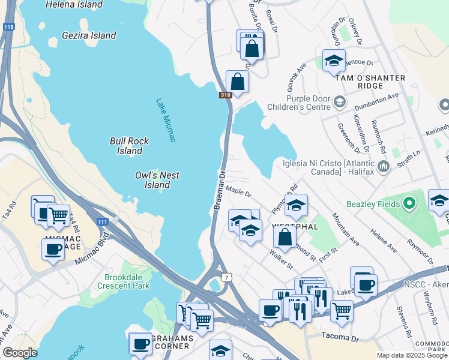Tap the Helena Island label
(x=74, y=4)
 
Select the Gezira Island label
(x=89, y=35)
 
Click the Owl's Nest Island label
(x=157, y=180)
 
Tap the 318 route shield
(x=225, y=95)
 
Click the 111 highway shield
(x=103, y=222)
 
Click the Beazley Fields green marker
(x=410, y=204)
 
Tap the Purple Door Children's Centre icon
(x=339, y=101)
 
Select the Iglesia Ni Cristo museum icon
(x=384, y=165)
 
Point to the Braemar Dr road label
(x=219, y=190)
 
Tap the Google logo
(x=20, y=352)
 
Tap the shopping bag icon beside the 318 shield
(x=237, y=82)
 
